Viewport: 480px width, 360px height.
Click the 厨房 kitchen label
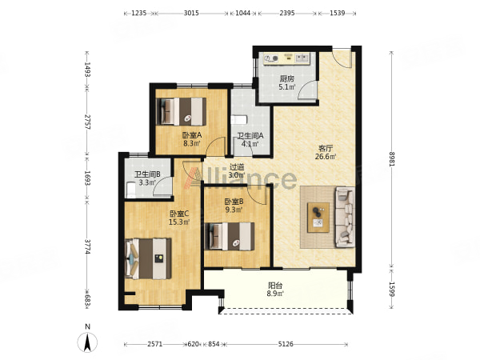point(287,79)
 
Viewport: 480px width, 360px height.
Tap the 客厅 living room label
point(326,149)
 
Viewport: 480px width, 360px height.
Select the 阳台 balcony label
point(275,286)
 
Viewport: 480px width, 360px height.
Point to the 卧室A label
point(192,135)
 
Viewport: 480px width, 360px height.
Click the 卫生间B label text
point(147,174)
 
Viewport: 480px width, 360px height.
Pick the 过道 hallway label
point(238,167)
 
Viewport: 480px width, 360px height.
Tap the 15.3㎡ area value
point(179,222)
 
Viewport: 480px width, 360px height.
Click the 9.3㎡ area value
point(234,210)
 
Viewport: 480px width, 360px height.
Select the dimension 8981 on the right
point(392,158)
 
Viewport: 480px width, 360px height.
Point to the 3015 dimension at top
point(191,13)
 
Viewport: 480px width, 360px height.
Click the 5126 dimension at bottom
point(286,344)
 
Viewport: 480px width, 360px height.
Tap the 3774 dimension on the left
point(87,246)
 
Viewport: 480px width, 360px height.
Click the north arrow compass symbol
point(87,342)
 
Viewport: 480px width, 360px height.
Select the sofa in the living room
point(346,217)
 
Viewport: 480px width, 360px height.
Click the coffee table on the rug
point(318,218)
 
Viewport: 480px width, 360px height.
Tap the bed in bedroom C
point(149,258)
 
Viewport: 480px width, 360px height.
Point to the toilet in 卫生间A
point(238,120)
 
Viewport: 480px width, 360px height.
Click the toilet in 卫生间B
point(130,190)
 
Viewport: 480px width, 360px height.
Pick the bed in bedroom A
point(182,111)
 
